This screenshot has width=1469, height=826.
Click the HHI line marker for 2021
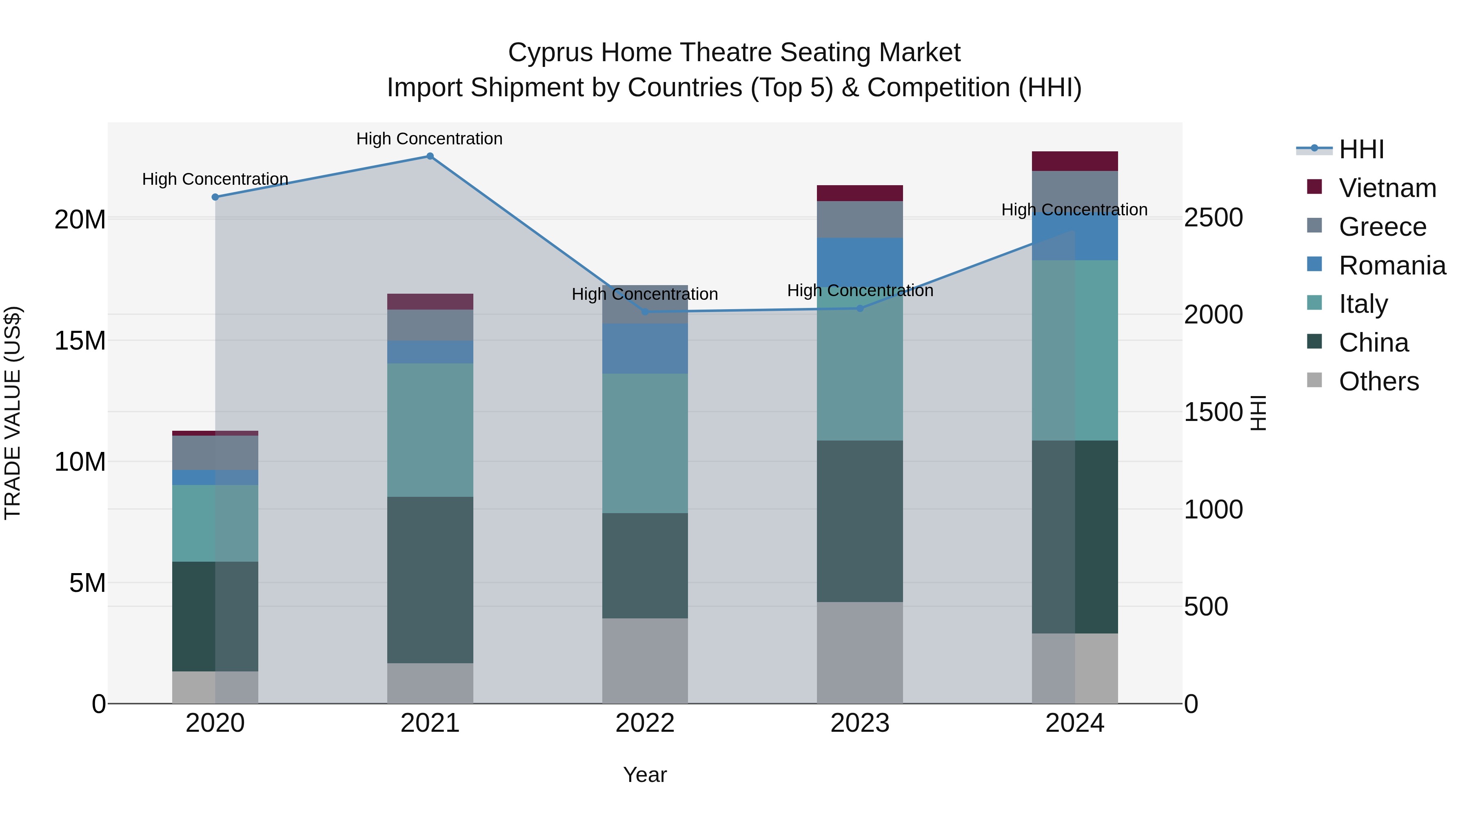pos(430,156)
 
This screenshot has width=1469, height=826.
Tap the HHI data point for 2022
pos(645,312)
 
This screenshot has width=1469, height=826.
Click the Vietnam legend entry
pos(1387,188)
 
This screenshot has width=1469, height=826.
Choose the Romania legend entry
pos(1391,266)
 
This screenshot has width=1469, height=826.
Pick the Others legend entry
pos(1378,381)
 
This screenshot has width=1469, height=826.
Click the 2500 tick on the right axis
pos(1213,218)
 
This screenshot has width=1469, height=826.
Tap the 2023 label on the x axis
pos(859,723)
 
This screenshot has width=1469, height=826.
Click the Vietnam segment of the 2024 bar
pos(1074,161)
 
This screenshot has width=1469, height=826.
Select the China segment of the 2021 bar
pos(430,580)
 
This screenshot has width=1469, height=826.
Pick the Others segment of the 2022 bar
pos(645,661)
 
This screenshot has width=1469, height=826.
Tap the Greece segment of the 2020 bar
pos(215,453)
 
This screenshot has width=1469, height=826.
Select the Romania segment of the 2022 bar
pos(645,348)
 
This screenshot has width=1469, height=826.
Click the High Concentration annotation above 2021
pos(429,139)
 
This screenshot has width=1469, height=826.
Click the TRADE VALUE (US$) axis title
pos(13,413)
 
